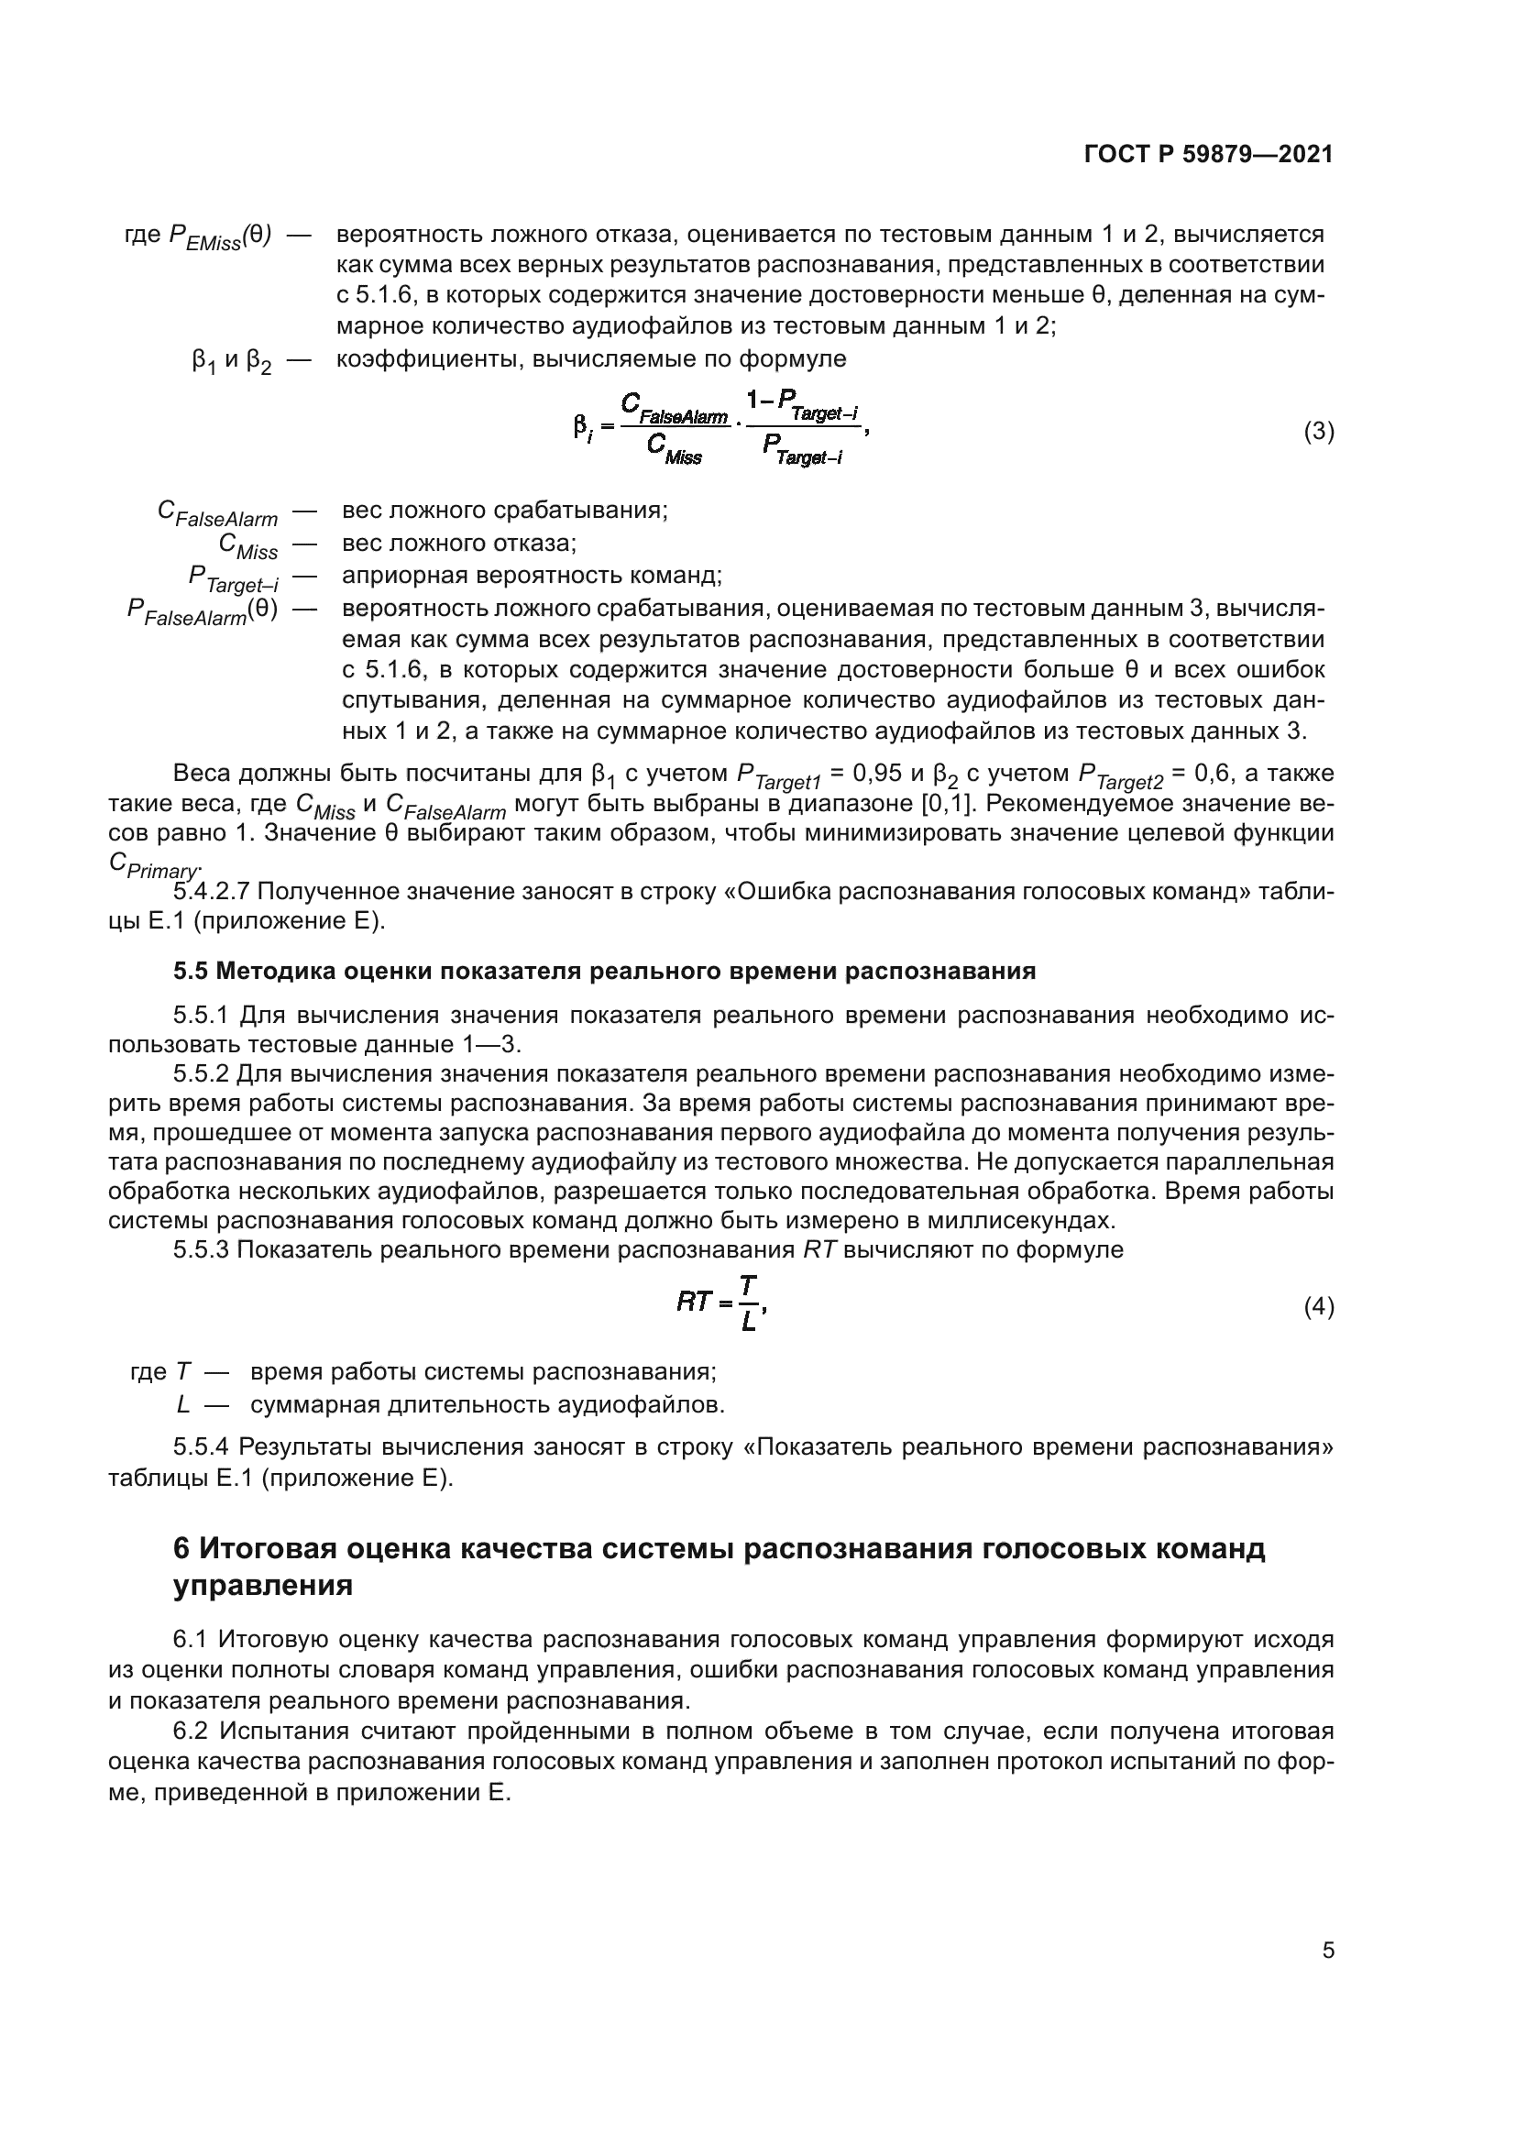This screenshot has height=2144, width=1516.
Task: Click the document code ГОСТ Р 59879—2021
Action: (1208, 155)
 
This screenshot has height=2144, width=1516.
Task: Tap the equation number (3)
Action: (1318, 432)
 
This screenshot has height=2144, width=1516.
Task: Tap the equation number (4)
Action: (1318, 1307)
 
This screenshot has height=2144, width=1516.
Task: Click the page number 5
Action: (1327, 1951)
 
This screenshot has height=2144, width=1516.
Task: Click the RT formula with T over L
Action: (721, 1303)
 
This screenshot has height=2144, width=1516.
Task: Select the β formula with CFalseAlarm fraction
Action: (719, 430)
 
